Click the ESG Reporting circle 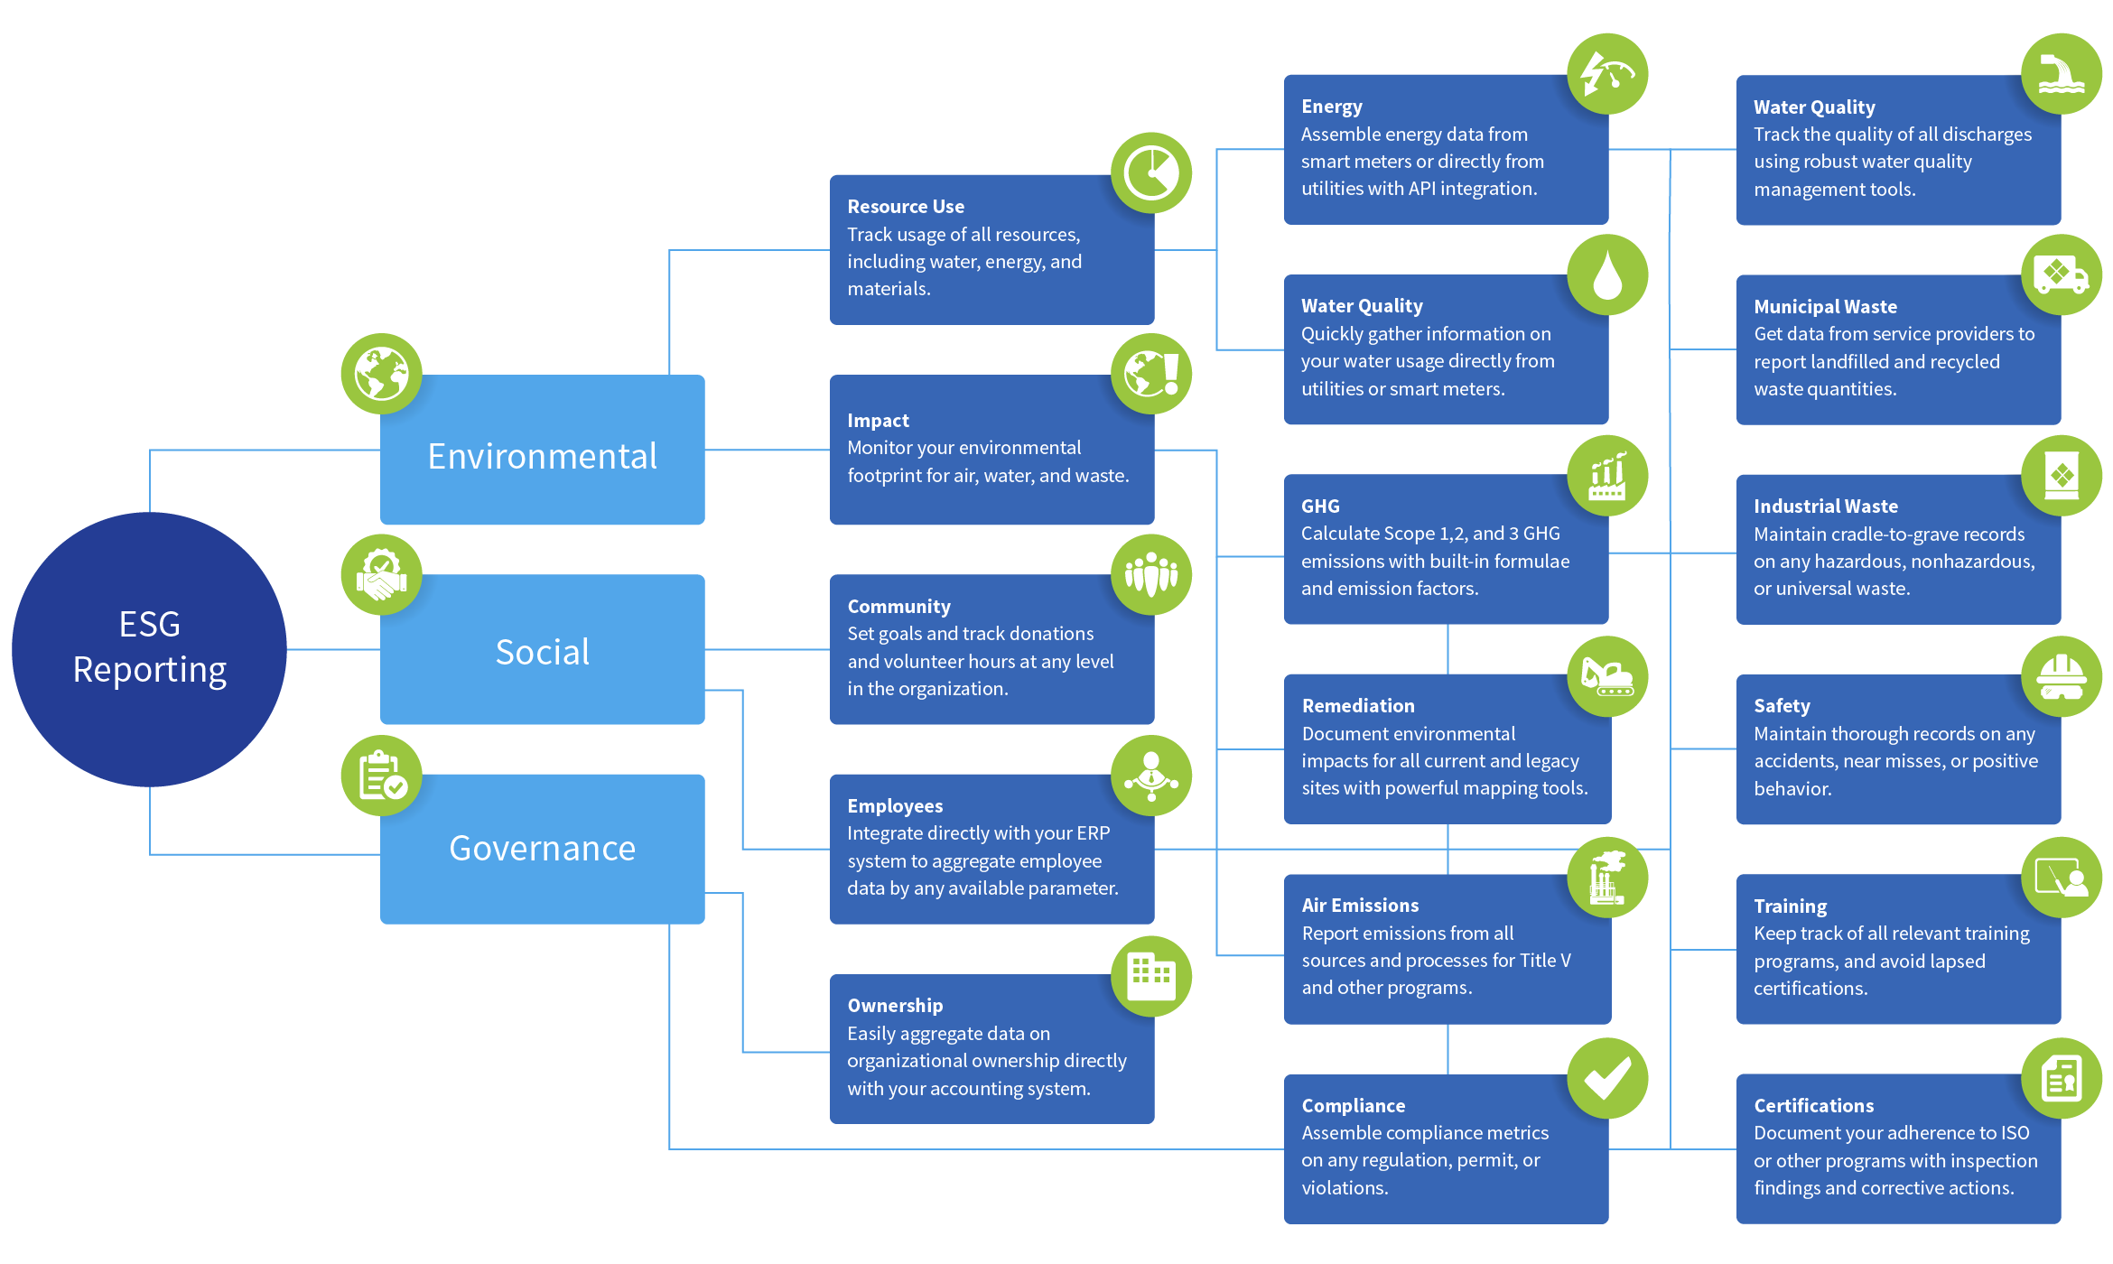click(x=149, y=648)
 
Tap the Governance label click(x=542, y=848)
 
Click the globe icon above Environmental click(x=381, y=373)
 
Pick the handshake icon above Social click(x=381, y=574)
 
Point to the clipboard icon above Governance click(x=381, y=775)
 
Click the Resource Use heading click(x=905, y=207)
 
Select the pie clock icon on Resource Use click(x=1150, y=172)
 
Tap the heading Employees click(x=894, y=805)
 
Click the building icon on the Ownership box click(x=1150, y=975)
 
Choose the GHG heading click(x=1319, y=507)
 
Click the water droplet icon click(x=1606, y=274)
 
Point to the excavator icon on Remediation click(x=1606, y=676)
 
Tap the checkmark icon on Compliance click(x=1606, y=1077)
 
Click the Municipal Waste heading click(x=1824, y=307)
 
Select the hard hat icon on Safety click(x=2061, y=676)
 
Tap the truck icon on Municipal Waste click(x=2061, y=274)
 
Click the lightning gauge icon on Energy click(x=1606, y=74)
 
